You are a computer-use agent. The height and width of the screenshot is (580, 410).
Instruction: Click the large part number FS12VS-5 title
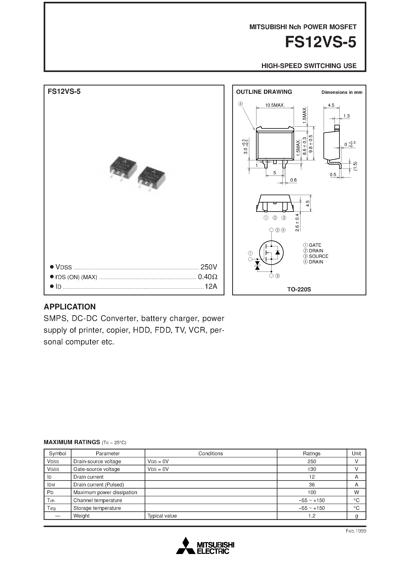[x=320, y=42]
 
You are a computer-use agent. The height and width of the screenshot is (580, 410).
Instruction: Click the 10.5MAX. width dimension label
[x=275, y=105]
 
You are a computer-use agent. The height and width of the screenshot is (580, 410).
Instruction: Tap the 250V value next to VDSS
[x=209, y=267]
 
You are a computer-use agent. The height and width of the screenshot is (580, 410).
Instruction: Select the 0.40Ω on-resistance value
[x=208, y=277]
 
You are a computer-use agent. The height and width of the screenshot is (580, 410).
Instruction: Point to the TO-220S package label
[x=299, y=289]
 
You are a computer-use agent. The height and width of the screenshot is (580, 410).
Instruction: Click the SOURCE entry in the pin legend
[x=318, y=256]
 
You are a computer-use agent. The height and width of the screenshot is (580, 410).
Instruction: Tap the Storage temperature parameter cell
[x=97, y=508]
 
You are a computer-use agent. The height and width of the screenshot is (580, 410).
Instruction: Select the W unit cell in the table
[x=356, y=492]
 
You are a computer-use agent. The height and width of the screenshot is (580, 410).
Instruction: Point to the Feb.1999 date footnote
[x=356, y=531]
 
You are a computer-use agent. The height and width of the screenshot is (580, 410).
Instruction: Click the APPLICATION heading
[x=70, y=307]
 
